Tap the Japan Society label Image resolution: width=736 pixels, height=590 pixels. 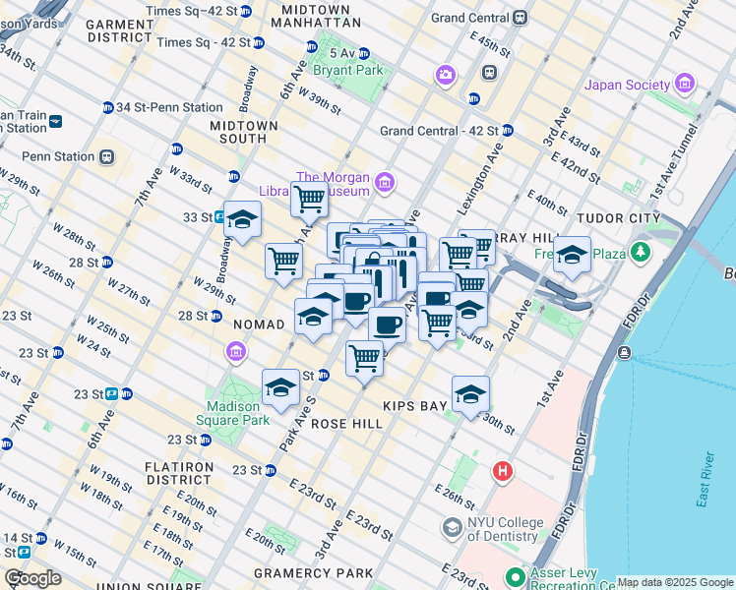click(x=630, y=85)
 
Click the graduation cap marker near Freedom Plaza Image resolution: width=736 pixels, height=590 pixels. click(x=572, y=255)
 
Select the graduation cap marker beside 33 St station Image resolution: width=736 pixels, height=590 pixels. click(x=242, y=219)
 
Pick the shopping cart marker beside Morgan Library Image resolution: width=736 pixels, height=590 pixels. click(x=309, y=200)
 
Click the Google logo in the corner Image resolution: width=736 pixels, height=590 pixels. click(x=32, y=578)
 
